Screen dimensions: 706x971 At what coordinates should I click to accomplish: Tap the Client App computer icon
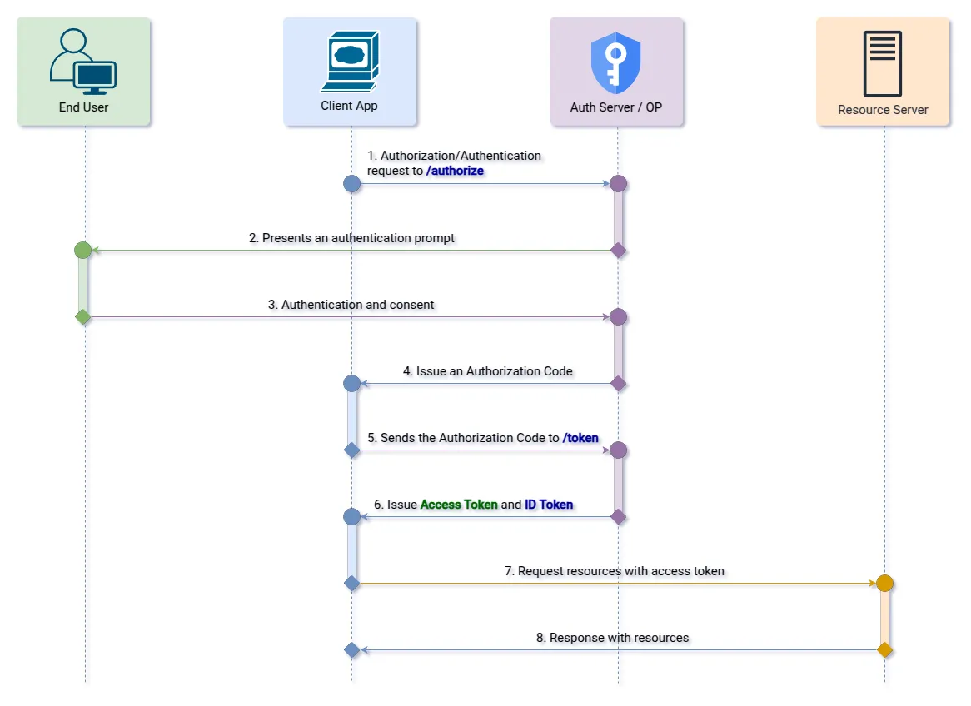350,62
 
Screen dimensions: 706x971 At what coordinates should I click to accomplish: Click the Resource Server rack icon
883,63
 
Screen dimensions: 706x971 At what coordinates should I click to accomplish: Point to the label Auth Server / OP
616,107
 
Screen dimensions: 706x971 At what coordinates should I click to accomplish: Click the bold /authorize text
455,171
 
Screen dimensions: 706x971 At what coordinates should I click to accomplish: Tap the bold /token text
580,438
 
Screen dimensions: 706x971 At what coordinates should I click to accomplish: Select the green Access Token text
459,505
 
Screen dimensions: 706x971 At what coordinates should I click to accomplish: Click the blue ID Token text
549,505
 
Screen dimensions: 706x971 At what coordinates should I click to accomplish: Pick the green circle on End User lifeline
82,250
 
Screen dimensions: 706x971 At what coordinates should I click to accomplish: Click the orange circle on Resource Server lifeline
884,584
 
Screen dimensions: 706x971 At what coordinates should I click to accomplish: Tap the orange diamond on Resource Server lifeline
884,650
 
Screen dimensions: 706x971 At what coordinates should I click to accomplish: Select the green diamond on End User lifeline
82,316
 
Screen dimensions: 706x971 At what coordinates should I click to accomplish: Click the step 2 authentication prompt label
351,238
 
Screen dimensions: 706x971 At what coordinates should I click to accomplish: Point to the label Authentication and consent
351,305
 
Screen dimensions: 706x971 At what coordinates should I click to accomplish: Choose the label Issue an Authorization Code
488,371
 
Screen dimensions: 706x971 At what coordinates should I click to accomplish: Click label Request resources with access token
615,571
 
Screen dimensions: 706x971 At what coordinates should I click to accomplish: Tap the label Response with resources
613,638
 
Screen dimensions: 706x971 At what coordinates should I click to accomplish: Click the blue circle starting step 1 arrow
351,184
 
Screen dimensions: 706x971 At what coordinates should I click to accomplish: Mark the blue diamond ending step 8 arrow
351,650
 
